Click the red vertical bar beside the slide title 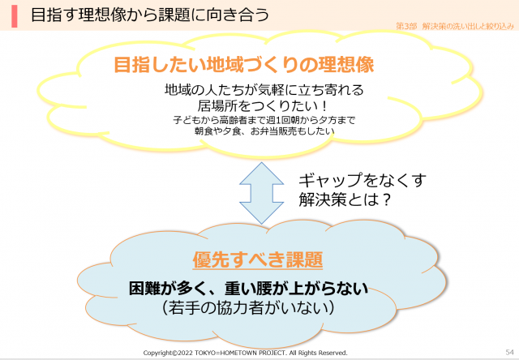point(15,16)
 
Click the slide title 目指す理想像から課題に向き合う point(150,15)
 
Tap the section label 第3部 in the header point(406,26)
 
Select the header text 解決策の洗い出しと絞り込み point(468,26)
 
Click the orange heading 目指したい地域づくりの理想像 point(244,64)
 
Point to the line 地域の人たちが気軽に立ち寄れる point(264,90)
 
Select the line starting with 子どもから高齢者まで point(264,120)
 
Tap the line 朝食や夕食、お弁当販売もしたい point(264,131)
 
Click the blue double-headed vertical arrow point(261,193)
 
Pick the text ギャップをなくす point(362,180)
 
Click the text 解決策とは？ point(345,199)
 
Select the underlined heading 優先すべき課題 point(258,259)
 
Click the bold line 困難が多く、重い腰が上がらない point(248,288)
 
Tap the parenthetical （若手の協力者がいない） point(248,308)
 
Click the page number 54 point(510,352)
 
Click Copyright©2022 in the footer point(168,353)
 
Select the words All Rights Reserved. point(318,353)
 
